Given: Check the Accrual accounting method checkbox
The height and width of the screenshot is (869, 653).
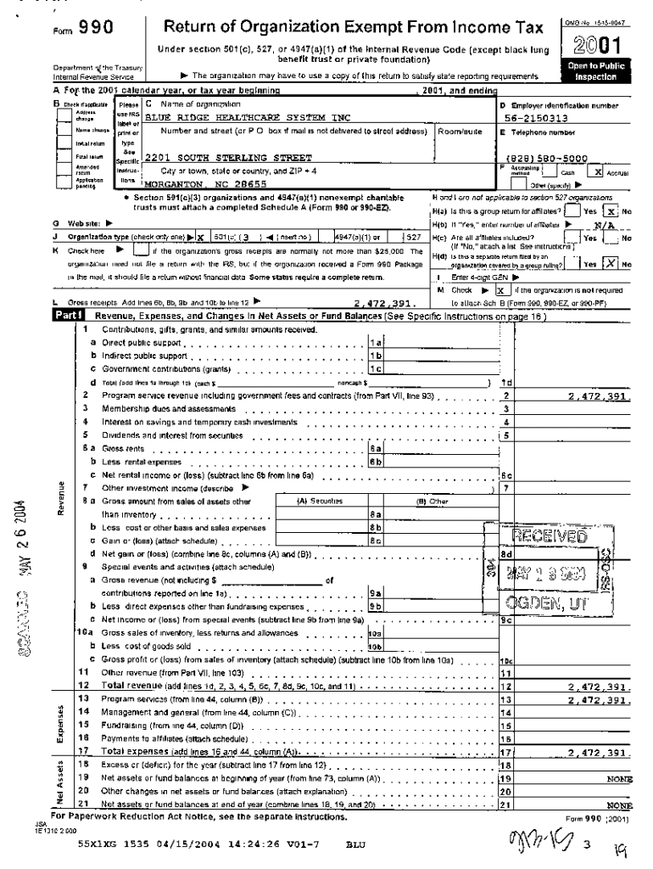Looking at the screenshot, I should point(600,171).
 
